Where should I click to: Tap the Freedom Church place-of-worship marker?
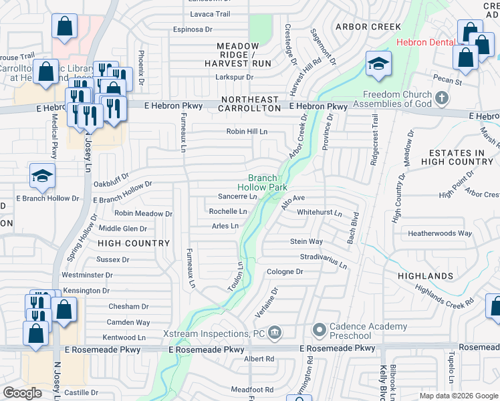[x=441, y=99]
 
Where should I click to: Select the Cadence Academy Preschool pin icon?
[x=319, y=330]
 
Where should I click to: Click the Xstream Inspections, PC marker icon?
[x=274, y=333]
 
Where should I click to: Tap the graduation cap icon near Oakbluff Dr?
[x=42, y=176]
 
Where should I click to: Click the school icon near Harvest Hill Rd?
[x=378, y=64]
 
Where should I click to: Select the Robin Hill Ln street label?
[x=247, y=132]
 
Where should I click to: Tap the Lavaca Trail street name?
[x=210, y=13]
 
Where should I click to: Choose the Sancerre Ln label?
[x=237, y=196]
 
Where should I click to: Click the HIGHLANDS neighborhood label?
[x=425, y=275]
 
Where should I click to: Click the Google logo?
[x=23, y=393]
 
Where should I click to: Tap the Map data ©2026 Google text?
[x=458, y=396]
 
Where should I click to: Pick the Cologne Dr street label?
[x=285, y=272]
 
